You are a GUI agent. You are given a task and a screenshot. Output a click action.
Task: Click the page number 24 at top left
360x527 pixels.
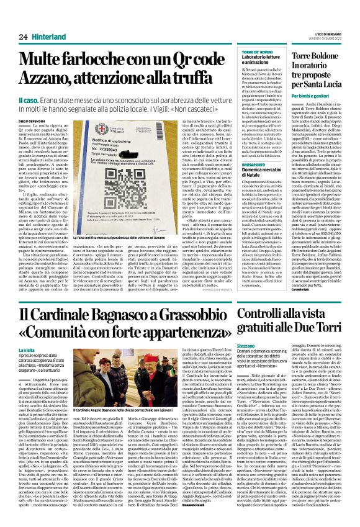tap(23, 37)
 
